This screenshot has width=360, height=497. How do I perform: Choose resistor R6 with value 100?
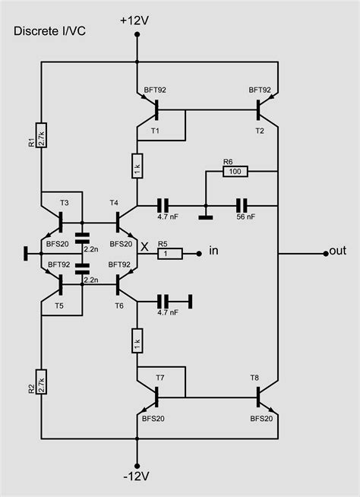coord(234,172)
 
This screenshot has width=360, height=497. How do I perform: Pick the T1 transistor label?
coord(156,130)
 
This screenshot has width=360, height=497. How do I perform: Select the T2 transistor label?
coord(260,130)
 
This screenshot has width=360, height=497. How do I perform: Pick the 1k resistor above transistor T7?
coord(137,338)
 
